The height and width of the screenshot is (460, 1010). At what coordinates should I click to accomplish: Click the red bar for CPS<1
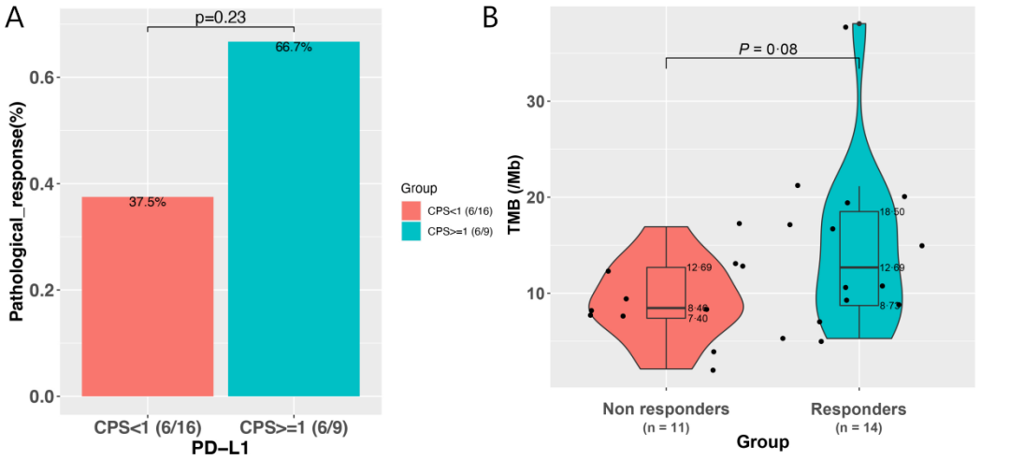148,296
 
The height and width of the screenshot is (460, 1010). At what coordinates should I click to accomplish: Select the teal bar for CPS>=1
293,219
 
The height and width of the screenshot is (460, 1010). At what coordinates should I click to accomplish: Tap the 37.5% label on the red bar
148,202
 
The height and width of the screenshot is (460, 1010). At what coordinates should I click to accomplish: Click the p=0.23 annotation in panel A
221,17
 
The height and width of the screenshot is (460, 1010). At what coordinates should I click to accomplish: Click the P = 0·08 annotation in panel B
762,49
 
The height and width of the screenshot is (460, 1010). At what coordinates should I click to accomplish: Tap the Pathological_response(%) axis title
16,223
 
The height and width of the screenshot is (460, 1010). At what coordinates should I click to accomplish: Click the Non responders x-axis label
666,410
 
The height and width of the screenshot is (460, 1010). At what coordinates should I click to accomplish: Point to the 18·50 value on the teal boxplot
892,212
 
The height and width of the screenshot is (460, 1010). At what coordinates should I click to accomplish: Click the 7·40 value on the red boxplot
699,319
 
